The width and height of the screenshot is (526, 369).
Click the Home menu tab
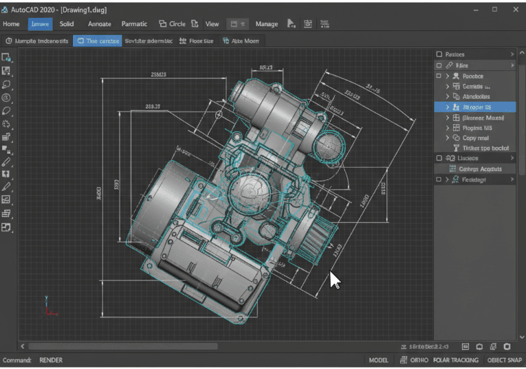point(11,24)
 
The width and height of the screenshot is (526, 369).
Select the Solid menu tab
point(66,24)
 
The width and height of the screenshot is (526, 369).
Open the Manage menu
point(267,24)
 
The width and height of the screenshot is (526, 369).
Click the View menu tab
point(212,24)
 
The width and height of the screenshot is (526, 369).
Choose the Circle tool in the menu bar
point(173,24)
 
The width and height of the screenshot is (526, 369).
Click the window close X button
point(515,9)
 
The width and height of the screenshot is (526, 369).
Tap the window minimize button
point(474,9)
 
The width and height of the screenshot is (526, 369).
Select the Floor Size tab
point(196,41)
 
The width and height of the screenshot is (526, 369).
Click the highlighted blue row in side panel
point(475,107)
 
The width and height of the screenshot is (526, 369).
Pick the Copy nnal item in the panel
point(474,138)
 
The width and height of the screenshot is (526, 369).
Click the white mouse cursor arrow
point(334,280)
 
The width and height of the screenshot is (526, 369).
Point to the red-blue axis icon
point(49,306)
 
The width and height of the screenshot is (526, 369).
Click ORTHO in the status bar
point(419,360)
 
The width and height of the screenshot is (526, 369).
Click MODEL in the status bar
point(378,360)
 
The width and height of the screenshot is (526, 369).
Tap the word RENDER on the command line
point(50,360)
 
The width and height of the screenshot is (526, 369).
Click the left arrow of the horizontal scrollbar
point(23,346)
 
